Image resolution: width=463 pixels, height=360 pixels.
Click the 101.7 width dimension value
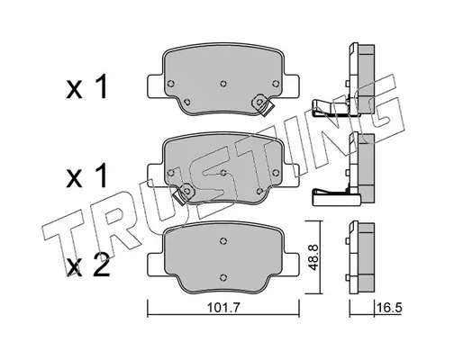pos(223,308)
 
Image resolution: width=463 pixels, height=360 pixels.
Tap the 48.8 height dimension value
pos(314,257)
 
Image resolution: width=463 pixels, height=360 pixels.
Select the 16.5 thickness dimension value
pos(389,308)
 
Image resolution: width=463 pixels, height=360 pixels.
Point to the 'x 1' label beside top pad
pos(86,87)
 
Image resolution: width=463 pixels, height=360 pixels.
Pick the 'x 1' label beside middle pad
pos(86,175)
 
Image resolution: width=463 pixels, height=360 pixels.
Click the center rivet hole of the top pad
pos(223,84)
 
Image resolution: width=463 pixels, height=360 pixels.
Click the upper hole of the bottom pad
pos(223,240)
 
